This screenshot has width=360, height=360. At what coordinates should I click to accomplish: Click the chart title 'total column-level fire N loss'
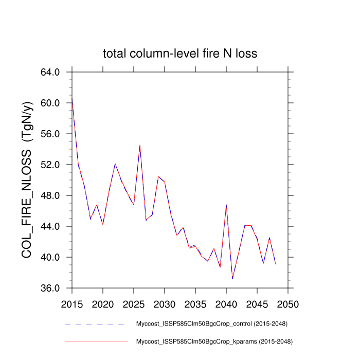pos(180,53)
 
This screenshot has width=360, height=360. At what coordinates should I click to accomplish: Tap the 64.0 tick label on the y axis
pos(50,72)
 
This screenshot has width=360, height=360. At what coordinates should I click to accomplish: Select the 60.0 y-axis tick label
pos(50,103)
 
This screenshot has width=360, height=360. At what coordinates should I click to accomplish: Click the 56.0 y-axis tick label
pos(50,134)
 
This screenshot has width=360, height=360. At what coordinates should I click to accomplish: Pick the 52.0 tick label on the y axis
pos(50,165)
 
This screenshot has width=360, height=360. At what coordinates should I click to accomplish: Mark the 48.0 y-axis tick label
pos(50,195)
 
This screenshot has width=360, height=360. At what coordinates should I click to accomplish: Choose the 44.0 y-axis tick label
pos(50,226)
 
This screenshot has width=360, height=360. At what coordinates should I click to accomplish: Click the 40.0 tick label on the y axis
pos(50,257)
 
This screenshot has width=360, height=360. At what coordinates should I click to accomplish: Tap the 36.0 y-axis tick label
pos(50,288)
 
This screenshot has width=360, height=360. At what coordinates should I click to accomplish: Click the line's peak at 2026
pos(140,145)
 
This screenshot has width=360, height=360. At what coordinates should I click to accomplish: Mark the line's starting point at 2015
pos(72,97)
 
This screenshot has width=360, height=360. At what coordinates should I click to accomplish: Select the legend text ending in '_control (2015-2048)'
pos(211,324)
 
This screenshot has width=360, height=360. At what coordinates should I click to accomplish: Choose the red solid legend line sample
pos(96,341)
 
